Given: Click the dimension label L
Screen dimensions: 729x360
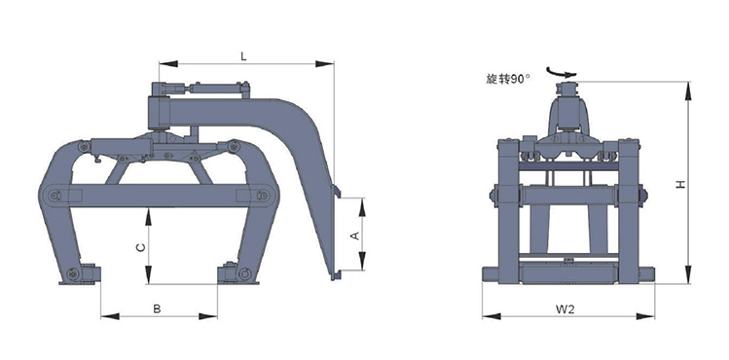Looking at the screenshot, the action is (x=243, y=56).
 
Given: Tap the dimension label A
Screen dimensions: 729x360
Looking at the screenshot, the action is (x=354, y=235).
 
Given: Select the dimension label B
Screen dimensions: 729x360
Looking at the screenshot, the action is (x=157, y=308).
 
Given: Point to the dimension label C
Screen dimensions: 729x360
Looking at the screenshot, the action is (x=141, y=247).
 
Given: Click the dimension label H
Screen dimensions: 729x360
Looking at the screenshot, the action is (x=680, y=185).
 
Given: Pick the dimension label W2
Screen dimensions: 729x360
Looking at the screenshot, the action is (x=565, y=309).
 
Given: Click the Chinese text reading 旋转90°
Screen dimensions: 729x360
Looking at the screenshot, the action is (x=508, y=80).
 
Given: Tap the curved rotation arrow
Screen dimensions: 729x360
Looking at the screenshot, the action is (x=562, y=72).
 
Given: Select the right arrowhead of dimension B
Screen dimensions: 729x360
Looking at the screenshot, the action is (x=208, y=316).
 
